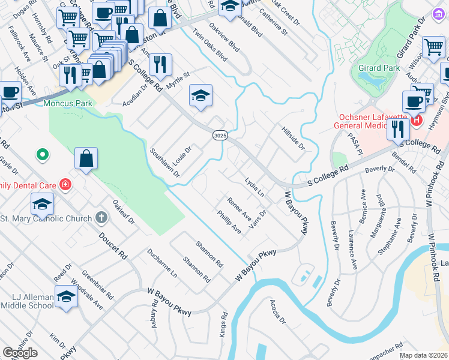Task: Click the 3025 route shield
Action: pos(220,136)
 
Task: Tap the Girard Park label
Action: pos(379,68)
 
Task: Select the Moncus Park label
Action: pos(66,103)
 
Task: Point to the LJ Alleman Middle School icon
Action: pos(66,297)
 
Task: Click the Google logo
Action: pos(20,353)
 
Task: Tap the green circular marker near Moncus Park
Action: pos(42,155)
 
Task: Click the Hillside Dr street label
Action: pos(293,138)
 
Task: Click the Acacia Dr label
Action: pos(277,312)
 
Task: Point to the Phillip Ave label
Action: pos(229,222)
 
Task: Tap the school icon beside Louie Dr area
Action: pos(200,95)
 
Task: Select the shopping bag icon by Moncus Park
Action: pos(86,160)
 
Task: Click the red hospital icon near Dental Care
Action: pos(65,185)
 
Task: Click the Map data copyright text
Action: pos(423,355)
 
